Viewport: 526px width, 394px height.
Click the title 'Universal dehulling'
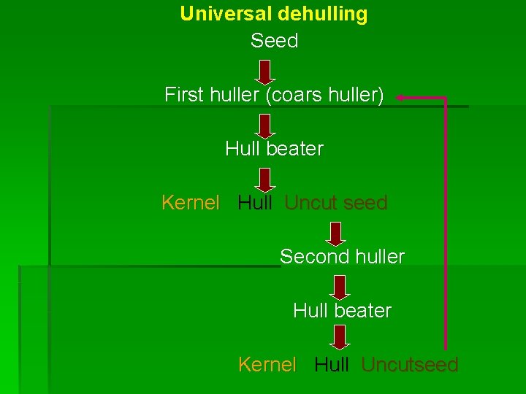point(274,14)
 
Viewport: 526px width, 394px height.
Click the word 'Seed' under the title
point(274,41)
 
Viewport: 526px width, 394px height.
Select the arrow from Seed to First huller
point(266,72)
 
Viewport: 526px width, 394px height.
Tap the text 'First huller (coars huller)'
point(274,95)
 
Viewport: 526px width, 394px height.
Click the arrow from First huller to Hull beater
point(266,125)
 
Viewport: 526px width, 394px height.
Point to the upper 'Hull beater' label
point(274,149)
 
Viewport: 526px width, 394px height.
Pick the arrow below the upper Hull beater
point(266,179)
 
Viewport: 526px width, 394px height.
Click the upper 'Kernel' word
point(190,203)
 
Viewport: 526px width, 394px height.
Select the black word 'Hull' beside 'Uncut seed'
point(255,203)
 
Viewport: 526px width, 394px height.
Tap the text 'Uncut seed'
point(336,203)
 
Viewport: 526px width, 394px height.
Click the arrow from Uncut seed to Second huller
point(335,233)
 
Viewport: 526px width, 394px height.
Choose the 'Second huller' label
point(342,257)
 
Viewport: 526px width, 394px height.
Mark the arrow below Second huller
point(339,287)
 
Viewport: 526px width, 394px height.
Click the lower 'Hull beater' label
point(342,311)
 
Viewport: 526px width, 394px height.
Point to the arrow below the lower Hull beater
point(339,338)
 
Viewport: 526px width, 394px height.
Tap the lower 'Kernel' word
point(267,365)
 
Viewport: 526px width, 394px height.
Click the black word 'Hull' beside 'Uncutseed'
point(332,365)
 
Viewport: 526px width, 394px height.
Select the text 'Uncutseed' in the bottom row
point(410,365)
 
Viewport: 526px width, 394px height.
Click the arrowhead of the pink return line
point(401,96)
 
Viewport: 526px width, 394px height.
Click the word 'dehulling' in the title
point(322,14)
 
